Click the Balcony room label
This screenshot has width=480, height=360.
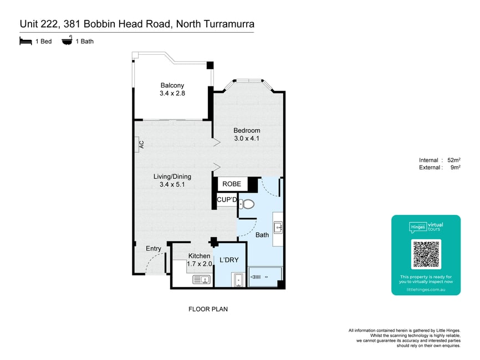click(x=172, y=85)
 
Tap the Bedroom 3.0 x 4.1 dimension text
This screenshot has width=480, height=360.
click(x=247, y=138)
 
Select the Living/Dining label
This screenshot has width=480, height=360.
click(x=172, y=177)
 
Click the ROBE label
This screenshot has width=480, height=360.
click(x=232, y=184)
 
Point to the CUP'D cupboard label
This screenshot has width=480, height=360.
click(x=227, y=200)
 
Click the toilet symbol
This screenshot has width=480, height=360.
click(x=247, y=204)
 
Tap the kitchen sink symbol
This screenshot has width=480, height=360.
click(x=201, y=279)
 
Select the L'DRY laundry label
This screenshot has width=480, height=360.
click(x=229, y=260)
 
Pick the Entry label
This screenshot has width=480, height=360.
click(x=154, y=248)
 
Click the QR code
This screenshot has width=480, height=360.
click(x=426, y=254)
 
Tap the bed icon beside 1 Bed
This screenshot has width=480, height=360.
click(x=25, y=41)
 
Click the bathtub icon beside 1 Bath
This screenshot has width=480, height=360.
click(x=67, y=40)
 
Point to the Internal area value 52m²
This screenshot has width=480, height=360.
click(x=454, y=160)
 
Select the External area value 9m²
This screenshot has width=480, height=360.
click(x=456, y=167)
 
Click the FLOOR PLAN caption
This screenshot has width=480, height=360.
click(x=208, y=309)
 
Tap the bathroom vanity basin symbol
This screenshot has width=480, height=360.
click(x=278, y=228)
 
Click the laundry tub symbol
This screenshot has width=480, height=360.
click(x=238, y=280)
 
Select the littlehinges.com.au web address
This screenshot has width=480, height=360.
click(x=426, y=290)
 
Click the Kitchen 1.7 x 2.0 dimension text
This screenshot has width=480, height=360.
click(x=200, y=264)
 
